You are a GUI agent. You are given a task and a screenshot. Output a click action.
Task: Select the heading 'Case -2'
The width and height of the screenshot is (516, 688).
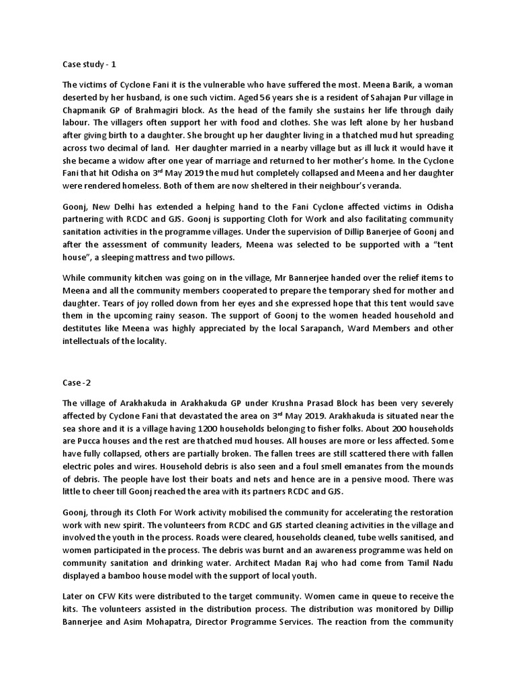pyautogui.click(x=78, y=384)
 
